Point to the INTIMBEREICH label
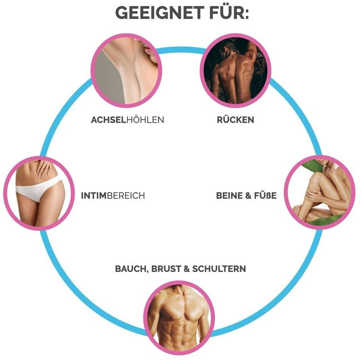(113, 196)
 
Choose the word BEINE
(229, 196)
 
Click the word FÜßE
(265, 196)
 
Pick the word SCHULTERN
(219, 269)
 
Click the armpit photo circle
(126, 71)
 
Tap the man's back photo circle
(235, 71)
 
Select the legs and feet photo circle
(320, 192)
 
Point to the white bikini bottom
(38, 190)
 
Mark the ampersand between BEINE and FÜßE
(248, 196)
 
